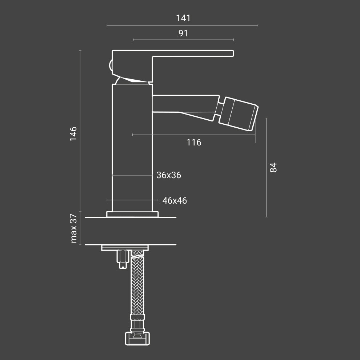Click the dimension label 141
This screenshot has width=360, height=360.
coord(183,18)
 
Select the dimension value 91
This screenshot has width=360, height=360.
coord(183,33)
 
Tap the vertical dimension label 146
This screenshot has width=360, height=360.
coord(73,133)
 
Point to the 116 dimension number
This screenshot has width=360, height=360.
coord(194,142)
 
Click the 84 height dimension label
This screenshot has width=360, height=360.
coord(273,167)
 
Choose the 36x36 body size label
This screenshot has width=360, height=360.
coord(169,175)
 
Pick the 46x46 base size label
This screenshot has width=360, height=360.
coord(175,200)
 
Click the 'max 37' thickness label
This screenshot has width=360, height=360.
coord(73,228)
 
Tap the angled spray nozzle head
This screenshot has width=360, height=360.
coord(240,113)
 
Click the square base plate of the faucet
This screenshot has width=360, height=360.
coord(132,214)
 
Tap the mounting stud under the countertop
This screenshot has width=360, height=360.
coord(122,258)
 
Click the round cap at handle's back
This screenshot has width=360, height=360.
coord(110,66)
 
